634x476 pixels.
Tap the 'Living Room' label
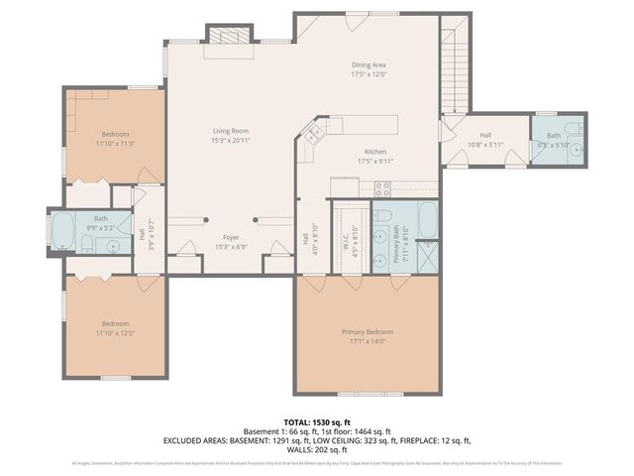tap(230, 131)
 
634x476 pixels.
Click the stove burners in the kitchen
tap(382, 188)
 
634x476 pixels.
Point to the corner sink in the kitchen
tap(315, 132)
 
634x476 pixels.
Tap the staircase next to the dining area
tap(455, 63)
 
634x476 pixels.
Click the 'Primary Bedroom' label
tap(368, 331)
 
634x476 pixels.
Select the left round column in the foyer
tap(205, 218)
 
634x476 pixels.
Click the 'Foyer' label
tap(230, 238)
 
